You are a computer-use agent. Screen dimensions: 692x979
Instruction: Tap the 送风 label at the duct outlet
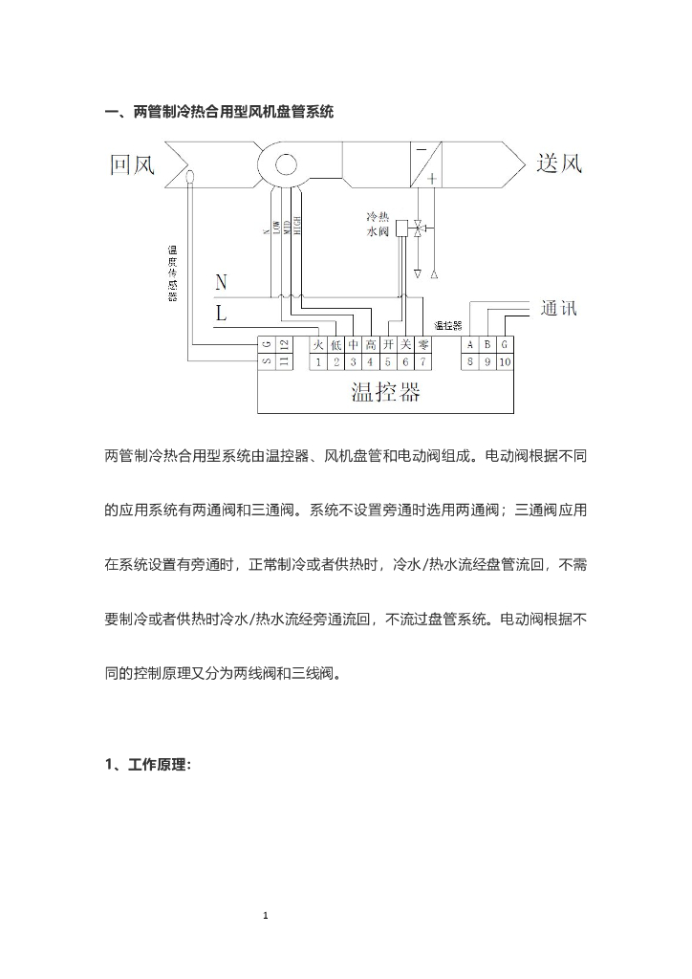click(559, 163)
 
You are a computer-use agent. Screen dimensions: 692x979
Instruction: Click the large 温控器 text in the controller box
click(385, 392)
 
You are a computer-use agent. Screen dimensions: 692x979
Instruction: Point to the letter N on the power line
click(221, 282)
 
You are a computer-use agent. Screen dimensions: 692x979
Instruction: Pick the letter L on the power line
click(221, 313)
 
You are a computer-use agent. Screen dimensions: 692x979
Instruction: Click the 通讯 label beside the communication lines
click(558, 308)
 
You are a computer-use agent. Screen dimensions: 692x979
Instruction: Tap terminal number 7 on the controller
click(422, 361)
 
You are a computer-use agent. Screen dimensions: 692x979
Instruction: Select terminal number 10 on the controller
click(504, 361)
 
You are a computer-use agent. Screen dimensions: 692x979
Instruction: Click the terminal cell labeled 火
click(319, 345)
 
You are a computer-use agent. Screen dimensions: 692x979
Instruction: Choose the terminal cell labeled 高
click(370, 345)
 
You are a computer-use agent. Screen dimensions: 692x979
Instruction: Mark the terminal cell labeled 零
click(422, 345)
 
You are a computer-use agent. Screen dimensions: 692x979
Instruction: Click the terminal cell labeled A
click(469, 345)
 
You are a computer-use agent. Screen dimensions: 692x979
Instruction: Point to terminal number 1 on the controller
click(319, 361)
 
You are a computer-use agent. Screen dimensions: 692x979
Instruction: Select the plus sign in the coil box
click(432, 178)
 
